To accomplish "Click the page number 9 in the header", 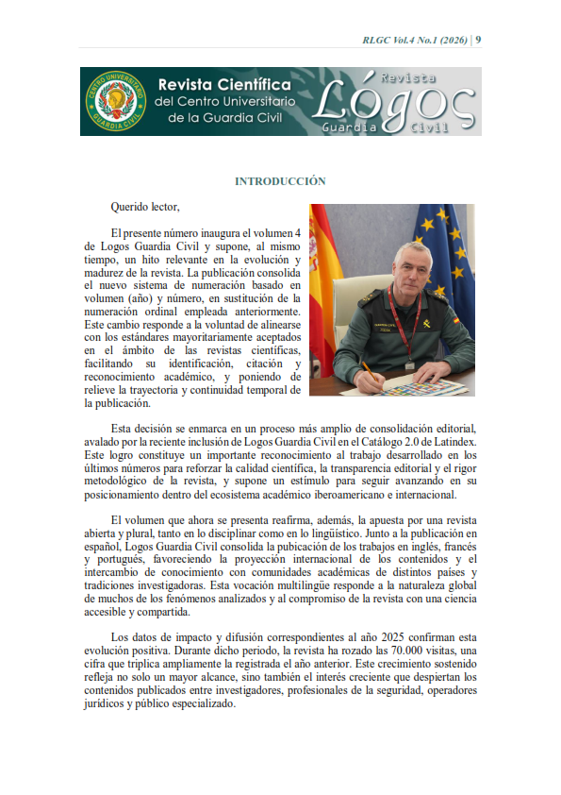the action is pyautogui.click(x=478, y=40).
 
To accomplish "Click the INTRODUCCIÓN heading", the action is pyautogui.click(x=280, y=180).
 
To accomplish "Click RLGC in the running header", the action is pyautogui.click(x=377, y=40).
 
